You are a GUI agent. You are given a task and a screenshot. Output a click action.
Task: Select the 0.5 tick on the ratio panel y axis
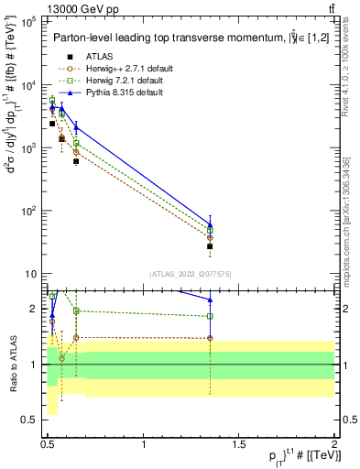33,420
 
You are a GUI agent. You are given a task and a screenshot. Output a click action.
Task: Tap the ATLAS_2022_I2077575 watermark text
190,273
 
